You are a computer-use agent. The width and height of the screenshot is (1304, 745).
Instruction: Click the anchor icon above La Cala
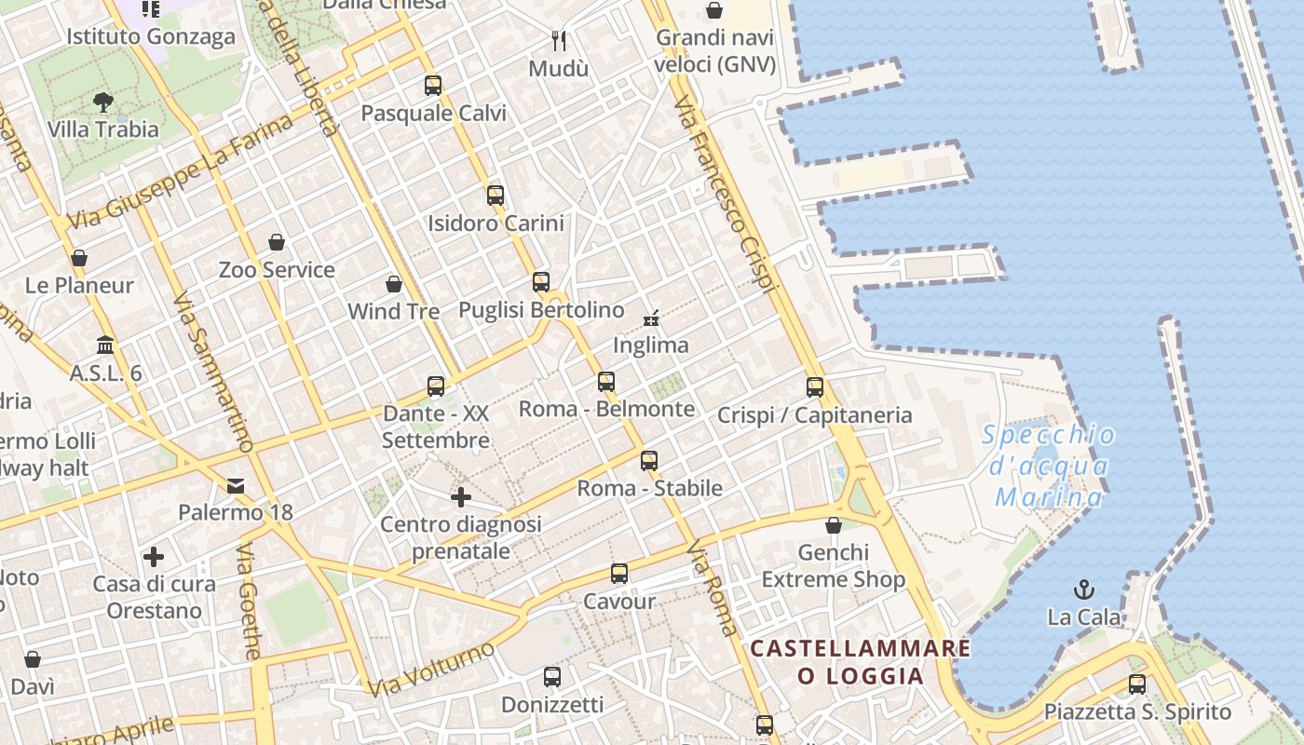(1083, 589)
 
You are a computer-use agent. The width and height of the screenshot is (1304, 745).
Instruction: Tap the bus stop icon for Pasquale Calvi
(433, 86)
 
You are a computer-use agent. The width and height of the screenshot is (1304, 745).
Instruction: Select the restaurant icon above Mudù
(559, 41)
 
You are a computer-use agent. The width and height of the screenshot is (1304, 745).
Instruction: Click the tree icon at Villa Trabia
(103, 102)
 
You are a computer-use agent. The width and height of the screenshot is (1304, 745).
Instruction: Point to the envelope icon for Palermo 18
(236, 485)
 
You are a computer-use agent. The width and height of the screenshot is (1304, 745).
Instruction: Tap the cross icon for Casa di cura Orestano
(154, 557)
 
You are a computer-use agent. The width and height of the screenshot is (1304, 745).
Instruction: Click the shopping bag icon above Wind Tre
(394, 284)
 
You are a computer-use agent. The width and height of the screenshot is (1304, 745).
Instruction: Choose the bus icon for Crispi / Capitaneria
(815, 386)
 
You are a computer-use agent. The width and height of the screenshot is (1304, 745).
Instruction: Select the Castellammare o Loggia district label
(860, 661)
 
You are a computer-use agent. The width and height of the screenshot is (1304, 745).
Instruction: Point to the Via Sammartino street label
(213, 373)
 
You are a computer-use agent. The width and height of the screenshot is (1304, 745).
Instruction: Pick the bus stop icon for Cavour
(619, 574)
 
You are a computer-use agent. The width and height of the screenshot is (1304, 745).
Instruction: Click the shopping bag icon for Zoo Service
(277, 243)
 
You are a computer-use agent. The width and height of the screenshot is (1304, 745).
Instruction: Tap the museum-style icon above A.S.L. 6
(105, 345)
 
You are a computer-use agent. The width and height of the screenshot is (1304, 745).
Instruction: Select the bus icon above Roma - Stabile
(649, 460)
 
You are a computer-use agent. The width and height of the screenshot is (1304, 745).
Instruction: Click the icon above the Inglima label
(651, 318)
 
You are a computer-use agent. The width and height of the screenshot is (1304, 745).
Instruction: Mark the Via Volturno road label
(430, 668)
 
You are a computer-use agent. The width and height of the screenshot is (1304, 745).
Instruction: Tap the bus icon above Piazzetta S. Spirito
(1137, 684)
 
